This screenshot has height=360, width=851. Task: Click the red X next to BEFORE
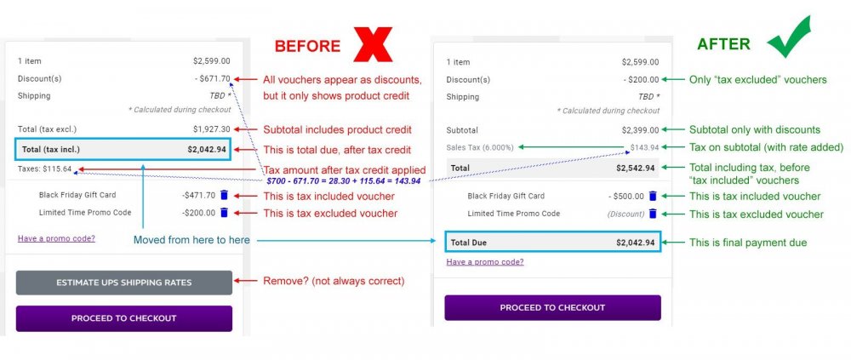(x=369, y=43)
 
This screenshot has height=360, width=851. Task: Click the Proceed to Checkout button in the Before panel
(x=123, y=318)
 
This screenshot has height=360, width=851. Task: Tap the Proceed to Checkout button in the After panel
(x=552, y=307)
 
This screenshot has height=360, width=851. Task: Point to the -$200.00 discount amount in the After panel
(x=640, y=79)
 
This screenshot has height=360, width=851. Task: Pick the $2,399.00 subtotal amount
(x=639, y=130)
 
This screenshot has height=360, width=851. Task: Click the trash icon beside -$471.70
(x=225, y=195)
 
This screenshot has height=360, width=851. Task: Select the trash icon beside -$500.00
(x=653, y=196)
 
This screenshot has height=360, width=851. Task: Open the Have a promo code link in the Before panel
(x=56, y=238)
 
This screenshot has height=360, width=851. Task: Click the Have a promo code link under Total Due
(x=485, y=261)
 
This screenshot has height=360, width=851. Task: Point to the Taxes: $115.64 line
(x=45, y=169)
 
